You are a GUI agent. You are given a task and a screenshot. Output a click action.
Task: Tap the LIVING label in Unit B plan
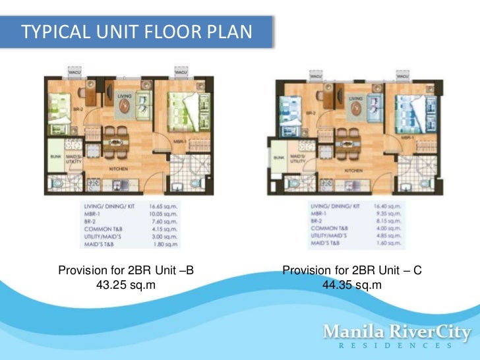(125, 96)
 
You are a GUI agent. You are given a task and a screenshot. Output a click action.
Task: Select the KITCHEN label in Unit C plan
(353, 170)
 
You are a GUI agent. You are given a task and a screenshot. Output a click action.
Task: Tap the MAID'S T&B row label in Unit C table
(325, 243)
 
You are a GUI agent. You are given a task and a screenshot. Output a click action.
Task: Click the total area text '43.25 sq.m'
(126, 285)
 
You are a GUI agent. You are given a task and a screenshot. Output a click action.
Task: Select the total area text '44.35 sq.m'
(352, 285)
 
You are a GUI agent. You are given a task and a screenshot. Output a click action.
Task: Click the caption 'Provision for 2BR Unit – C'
(352, 270)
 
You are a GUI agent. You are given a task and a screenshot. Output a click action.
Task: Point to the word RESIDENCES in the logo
(396, 345)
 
